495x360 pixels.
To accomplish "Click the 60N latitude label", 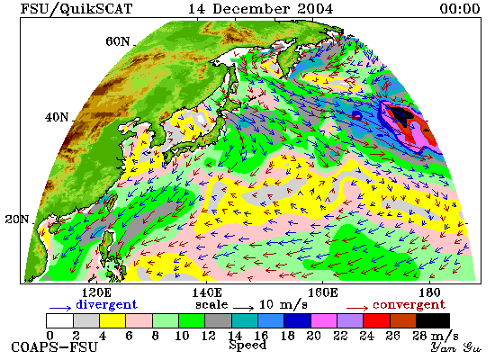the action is [x=117, y=41].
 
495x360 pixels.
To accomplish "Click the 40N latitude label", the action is [x=57, y=118].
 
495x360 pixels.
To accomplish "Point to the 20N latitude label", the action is [x=17, y=220].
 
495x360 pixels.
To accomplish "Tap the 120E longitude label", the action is [x=96, y=292].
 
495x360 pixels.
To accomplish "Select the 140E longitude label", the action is [x=207, y=292].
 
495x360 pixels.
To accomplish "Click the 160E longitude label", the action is [x=322, y=292].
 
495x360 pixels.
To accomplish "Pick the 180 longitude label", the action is [x=429, y=292].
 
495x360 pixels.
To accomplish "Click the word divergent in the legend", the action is [x=107, y=305].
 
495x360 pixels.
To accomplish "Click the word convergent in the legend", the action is [x=409, y=305].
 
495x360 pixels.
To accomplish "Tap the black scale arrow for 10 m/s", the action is [x=243, y=308].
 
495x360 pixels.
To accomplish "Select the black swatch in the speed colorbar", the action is [x=433, y=320].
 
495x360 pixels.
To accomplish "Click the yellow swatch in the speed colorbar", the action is [x=112, y=320].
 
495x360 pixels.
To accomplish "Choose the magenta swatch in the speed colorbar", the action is [x=324, y=320].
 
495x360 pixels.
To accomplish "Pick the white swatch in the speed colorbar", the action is [x=59, y=320].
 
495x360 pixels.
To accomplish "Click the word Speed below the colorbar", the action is [x=247, y=346].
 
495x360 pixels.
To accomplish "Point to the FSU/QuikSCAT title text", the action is [x=76, y=9].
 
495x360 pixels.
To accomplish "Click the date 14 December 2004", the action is [x=260, y=9].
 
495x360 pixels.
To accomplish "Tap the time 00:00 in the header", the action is [x=460, y=9].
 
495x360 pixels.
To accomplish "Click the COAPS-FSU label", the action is [x=54, y=347].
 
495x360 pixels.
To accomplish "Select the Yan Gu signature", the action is [x=456, y=347].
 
